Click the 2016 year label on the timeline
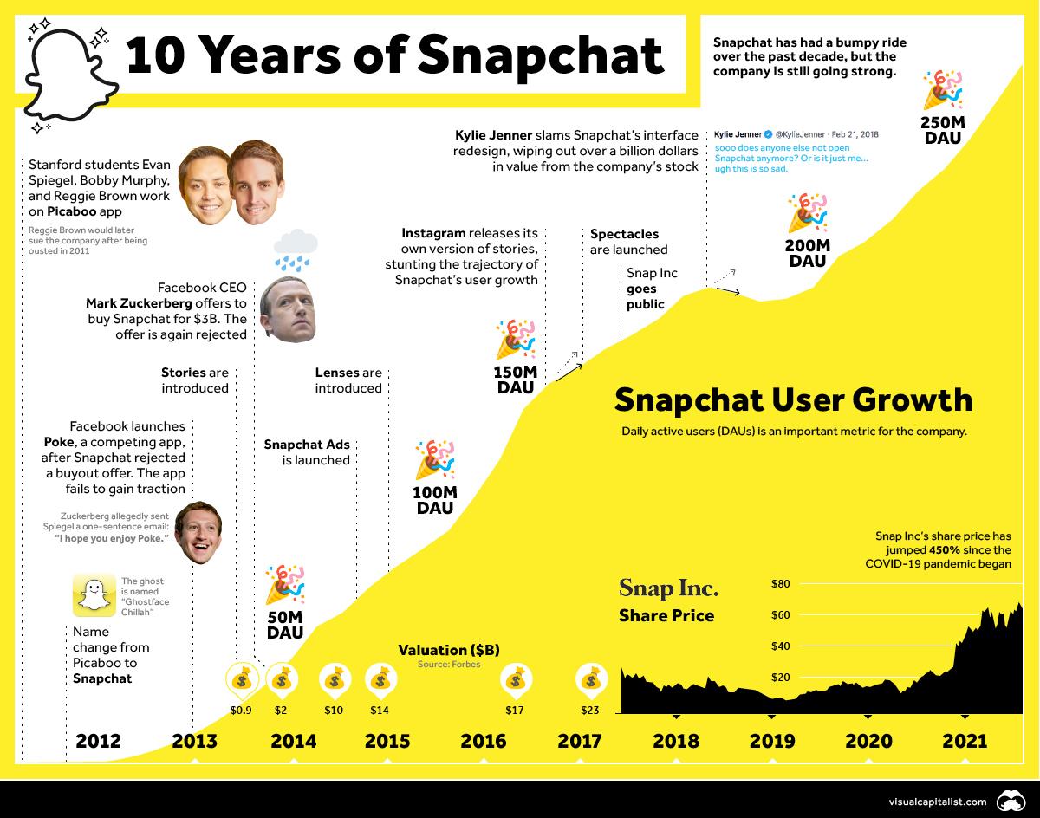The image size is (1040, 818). pos(484,741)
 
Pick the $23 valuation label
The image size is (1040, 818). pos(590,710)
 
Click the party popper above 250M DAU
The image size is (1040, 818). pos(943,91)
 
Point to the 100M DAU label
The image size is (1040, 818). pos(435,500)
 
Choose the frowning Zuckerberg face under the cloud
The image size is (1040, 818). pos(288,309)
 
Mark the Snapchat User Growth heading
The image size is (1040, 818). pos(793,399)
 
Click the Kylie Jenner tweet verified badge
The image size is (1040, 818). pos(768,134)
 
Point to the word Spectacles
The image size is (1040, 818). pos(624,234)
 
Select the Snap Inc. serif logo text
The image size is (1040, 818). pos(668,588)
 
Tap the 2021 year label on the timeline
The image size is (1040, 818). pos(965,741)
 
